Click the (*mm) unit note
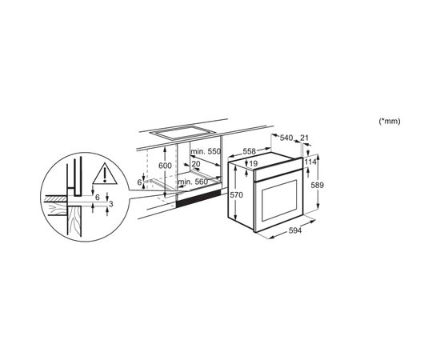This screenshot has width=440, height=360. pyautogui.click(x=390, y=122)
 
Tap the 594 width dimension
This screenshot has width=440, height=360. pyautogui.click(x=295, y=230)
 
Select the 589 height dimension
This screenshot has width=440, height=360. pyautogui.click(x=318, y=185)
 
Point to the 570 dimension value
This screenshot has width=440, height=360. pyautogui.click(x=236, y=194)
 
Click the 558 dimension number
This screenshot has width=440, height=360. pyautogui.click(x=249, y=151)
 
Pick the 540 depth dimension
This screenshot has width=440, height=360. pyautogui.click(x=286, y=138)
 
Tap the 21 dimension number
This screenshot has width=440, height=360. pyautogui.click(x=304, y=138)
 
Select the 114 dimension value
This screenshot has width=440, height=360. pyautogui.click(x=310, y=162)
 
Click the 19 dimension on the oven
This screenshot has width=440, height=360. pyautogui.click(x=253, y=163)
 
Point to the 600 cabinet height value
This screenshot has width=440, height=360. pyautogui.click(x=165, y=166)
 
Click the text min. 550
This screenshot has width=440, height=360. pyautogui.click(x=206, y=151)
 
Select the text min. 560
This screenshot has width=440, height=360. pyautogui.click(x=193, y=182)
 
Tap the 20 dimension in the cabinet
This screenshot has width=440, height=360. pyautogui.click(x=196, y=163)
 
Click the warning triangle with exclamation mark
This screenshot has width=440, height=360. pyautogui.click(x=105, y=174)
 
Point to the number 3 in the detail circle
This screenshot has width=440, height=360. pyautogui.click(x=111, y=204)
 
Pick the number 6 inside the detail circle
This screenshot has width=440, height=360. pyautogui.click(x=98, y=198)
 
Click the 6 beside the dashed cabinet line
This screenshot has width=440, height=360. pyautogui.click(x=139, y=182)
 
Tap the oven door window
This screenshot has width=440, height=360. pyautogui.click(x=279, y=200)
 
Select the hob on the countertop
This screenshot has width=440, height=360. pyautogui.click(x=181, y=133)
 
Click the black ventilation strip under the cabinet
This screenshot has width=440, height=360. pyautogui.click(x=198, y=198)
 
